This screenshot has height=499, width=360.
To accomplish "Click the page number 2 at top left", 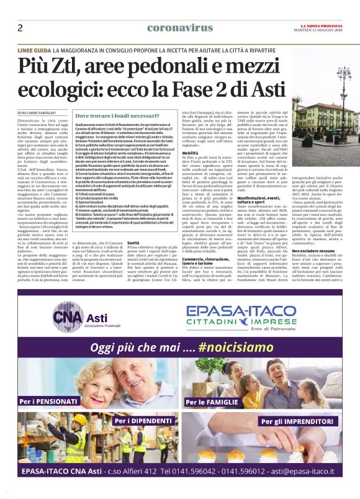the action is (20, 28).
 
